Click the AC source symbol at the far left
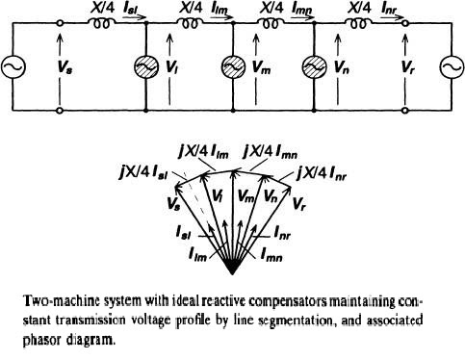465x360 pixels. [16, 68]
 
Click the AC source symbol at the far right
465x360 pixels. [450, 68]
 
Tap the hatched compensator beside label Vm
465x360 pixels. [231, 69]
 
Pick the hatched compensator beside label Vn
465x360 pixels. [316, 69]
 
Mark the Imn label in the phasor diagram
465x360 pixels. [272, 256]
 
